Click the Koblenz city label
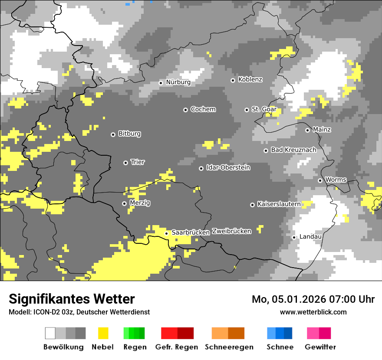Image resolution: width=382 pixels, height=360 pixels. [x=250, y=80]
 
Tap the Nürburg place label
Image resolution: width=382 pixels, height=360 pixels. [x=178, y=82]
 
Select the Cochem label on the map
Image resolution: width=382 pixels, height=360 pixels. [x=203, y=109]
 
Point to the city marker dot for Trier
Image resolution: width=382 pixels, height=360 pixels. [x=126, y=163]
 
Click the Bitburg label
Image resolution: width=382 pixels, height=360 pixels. [x=129, y=134]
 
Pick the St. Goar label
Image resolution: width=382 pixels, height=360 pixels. [x=264, y=109]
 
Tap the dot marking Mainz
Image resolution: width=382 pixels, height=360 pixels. [x=307, y=130]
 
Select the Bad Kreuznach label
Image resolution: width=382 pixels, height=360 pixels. [x=293, y=150]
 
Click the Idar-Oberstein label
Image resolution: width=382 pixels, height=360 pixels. [x=228, y=168]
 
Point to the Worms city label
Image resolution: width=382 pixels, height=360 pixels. [x=336, y=180]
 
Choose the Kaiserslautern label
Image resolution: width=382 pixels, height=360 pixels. [x=279, y=204]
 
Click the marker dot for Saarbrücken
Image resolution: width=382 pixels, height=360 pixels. [x=166, y=233]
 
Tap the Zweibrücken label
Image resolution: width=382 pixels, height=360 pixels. [x=231, y=231]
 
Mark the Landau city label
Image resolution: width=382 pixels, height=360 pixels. [x=310, y=237]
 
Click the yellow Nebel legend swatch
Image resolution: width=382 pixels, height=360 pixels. [x=102, y=333]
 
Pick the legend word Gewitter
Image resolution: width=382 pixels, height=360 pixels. [x=320, y=347]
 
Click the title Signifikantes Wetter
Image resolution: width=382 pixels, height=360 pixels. [x=72, y=299]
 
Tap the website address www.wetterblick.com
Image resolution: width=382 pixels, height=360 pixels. [x=313, y=312]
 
